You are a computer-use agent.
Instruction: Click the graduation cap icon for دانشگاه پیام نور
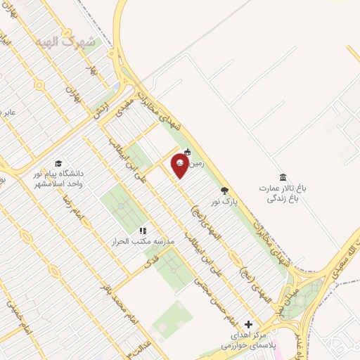(x=58, y=162)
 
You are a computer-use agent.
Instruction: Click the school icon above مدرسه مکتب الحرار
(x=143, y=231)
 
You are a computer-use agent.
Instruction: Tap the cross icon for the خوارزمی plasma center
(x=246, y=323)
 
